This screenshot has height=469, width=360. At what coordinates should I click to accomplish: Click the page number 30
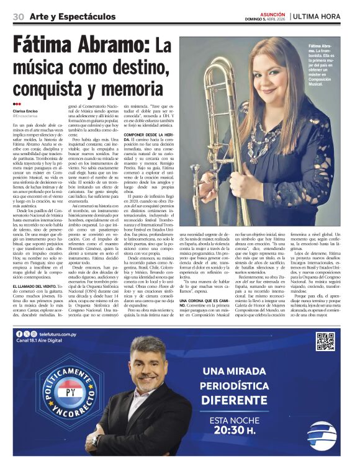pos(18,16)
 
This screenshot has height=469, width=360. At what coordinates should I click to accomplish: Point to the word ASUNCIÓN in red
pos(273,13)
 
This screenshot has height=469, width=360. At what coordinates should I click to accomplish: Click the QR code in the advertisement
pos(325,342)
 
